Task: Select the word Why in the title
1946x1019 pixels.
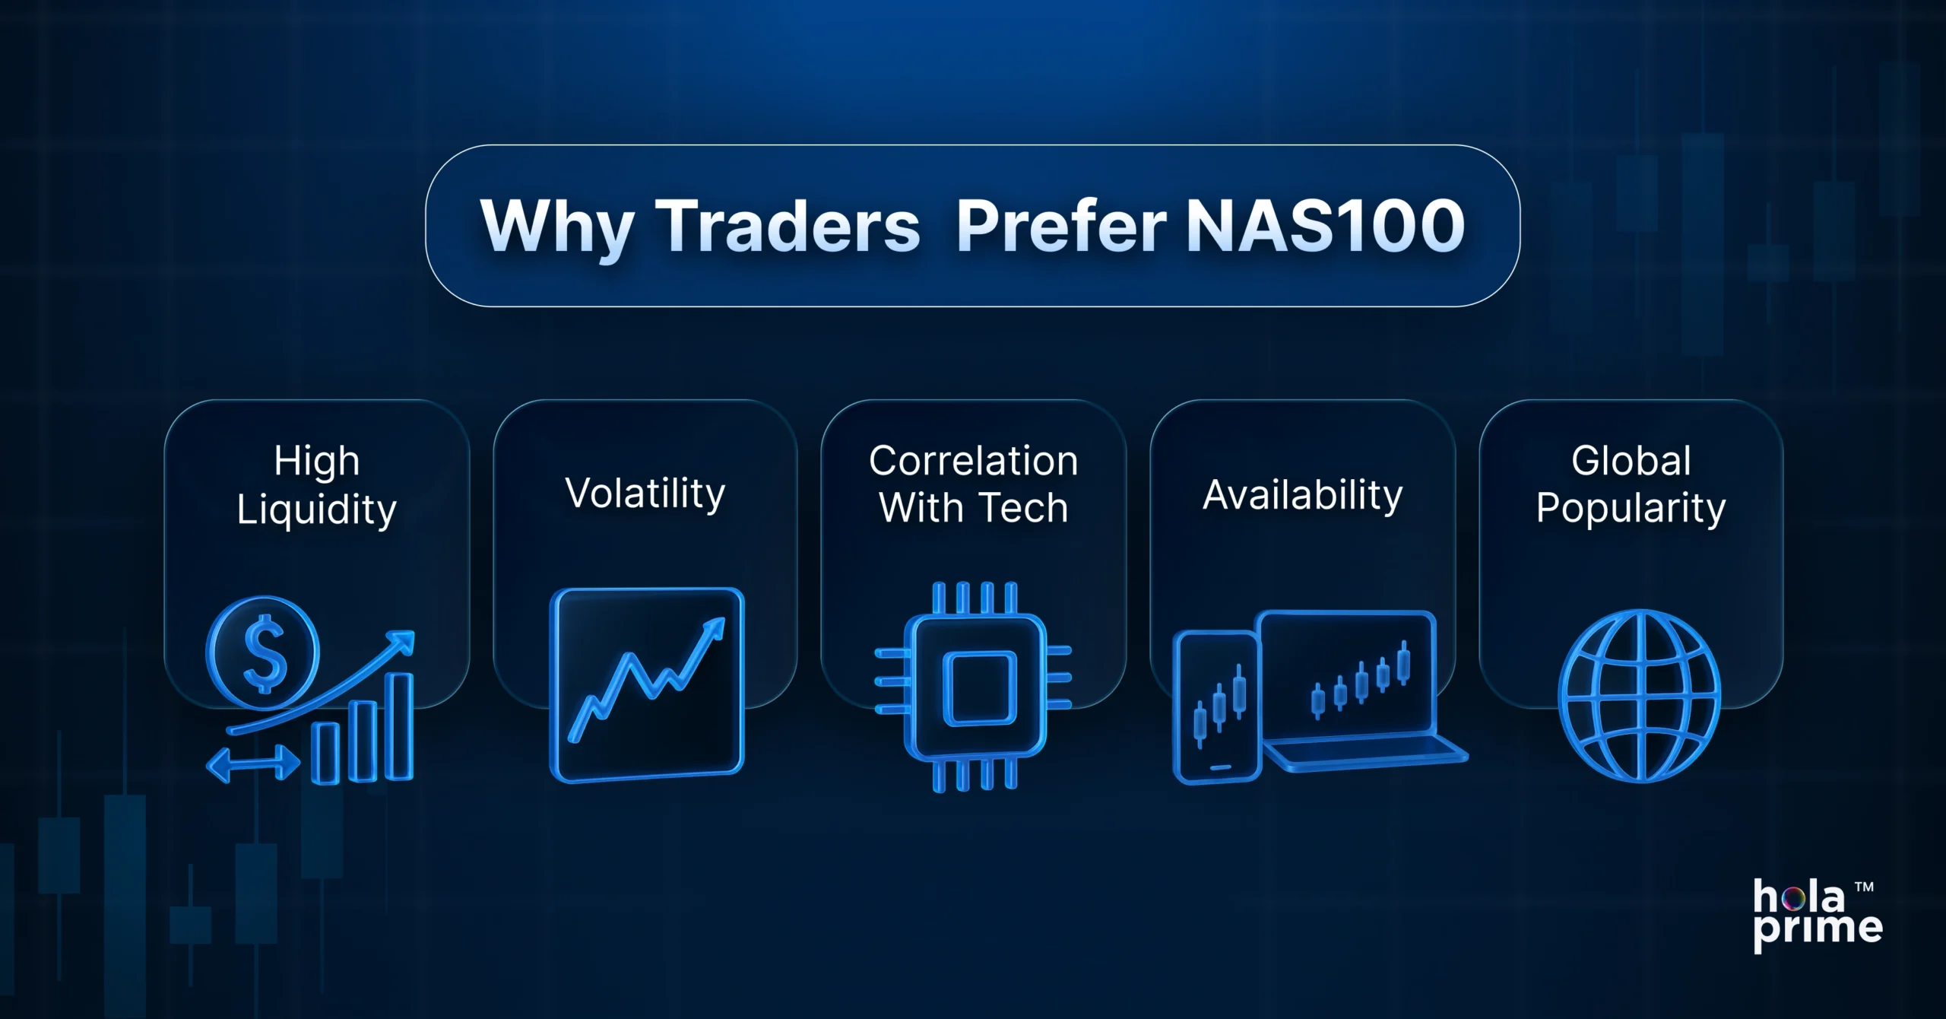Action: coord(556,227)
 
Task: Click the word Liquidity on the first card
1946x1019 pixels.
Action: coord(316,510)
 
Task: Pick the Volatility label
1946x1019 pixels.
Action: coord(645,494)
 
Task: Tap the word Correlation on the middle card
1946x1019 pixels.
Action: coord(973,461)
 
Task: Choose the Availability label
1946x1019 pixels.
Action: coord(1302,495)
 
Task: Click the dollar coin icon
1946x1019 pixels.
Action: coord(263,652)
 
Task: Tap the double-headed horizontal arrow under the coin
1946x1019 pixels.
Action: coord(252,763)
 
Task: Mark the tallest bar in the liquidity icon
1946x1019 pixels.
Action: coord(398,726)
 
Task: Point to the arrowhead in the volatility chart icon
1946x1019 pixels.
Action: coord(714,629)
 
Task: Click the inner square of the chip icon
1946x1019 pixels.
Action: coord(979,687)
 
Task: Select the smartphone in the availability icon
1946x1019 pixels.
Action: coord(1216,707)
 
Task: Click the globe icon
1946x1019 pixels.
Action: coord(1639,695)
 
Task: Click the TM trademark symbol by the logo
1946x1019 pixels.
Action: coord(1864,887)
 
